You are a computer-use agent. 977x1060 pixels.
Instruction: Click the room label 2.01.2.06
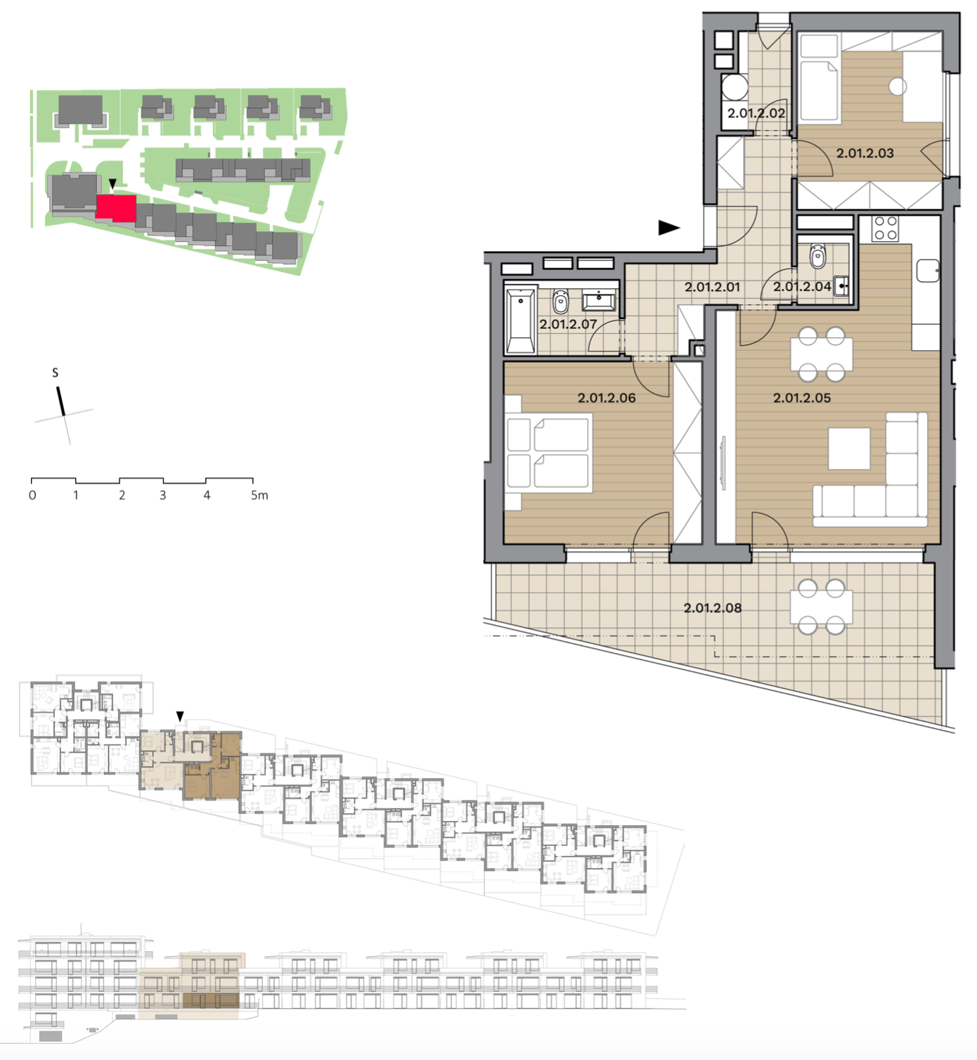[607, 398]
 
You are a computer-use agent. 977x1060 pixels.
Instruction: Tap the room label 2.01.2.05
[802, 398]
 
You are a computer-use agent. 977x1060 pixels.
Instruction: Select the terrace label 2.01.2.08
[713, 608]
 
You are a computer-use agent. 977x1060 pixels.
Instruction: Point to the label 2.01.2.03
[865, 153]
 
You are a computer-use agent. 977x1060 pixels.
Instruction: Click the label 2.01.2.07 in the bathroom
[568, 325]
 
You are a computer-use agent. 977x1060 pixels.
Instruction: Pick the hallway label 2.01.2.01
[712, 287]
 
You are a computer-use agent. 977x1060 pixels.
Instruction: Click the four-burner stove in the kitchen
[885, 228]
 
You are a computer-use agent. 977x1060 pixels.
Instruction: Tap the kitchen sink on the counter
[928, 271]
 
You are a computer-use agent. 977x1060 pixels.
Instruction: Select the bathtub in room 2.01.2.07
[521, 321]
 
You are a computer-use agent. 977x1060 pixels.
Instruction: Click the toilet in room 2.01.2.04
[817, 256]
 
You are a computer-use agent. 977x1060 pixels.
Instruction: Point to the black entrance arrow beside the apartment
[669, 228]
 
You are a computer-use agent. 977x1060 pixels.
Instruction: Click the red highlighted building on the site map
[116, 207]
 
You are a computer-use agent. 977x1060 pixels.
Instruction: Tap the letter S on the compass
[55, 373]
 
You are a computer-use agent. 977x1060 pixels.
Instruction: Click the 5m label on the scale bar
[259, 496]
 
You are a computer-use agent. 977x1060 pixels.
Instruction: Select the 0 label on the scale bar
[32, 496]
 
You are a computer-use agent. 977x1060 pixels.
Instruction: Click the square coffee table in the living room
[849, 449]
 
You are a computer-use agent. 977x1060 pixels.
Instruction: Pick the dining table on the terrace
[821, 607]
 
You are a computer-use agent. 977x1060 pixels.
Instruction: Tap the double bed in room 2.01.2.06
[549, 453]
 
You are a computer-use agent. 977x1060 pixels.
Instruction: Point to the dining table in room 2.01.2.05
[821, 354]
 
